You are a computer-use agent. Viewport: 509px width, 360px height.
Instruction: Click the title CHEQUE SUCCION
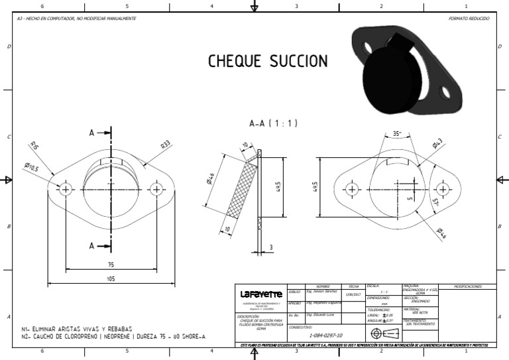click(x=268, y=62)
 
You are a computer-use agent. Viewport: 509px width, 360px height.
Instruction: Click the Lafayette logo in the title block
click(x=261, y=294)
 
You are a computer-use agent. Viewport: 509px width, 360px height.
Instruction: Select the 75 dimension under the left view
click(x=111, y=263)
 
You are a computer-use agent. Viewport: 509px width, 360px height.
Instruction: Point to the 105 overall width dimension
click(x=111, y=279)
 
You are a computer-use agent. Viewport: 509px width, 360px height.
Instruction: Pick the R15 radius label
click(x=34, y=146)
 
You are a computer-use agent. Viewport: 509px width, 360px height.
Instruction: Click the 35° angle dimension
click(x=397, y=133)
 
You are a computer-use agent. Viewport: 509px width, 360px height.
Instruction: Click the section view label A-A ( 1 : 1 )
click(x=274, y=123)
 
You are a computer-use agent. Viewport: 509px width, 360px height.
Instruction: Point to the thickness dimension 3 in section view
click(x=270, y=247)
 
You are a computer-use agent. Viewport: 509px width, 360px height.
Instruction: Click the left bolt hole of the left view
click(x=66, y=190)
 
